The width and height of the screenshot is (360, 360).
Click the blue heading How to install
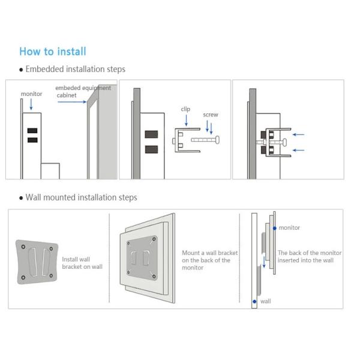pos(52,51)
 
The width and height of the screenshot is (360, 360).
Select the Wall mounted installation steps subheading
pos(81,197)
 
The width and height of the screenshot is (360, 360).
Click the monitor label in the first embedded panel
pos(31,94)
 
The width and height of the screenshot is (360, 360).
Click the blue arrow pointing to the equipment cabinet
pos(72,102)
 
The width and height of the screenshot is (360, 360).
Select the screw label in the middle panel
pos(210,115)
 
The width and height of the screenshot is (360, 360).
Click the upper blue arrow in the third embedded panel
pos(296,135)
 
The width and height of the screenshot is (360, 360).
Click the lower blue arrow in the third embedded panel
pos(296,150)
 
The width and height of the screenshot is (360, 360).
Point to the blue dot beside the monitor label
pos(274,229)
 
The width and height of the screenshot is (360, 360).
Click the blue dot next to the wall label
pos(256,301)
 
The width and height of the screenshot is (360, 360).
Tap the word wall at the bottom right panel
pos(266,301)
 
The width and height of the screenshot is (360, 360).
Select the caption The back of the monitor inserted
pos(309,257)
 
